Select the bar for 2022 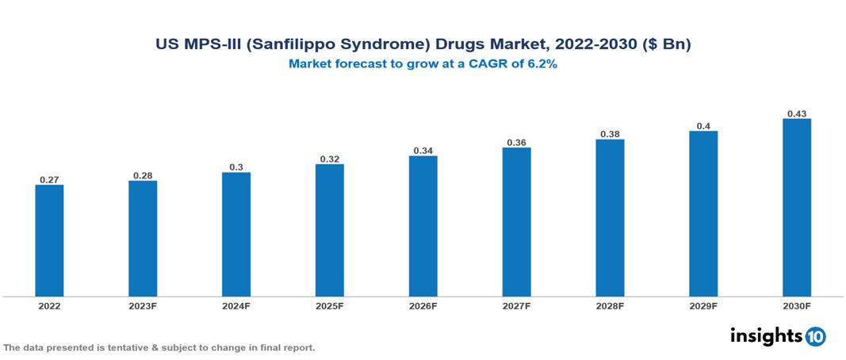(49, 240)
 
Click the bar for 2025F (329, 230)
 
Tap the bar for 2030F (796, 207)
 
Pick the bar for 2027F (516, 221)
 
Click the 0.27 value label (49, 179)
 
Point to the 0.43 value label (796, 113)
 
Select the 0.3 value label (236, 167)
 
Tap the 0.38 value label (610, 134)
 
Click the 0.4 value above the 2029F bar (703, 125)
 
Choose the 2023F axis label (143, 306)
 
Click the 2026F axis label (423, 306)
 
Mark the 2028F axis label (610, 306)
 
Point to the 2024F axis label (236, 306)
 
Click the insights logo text (766, 336)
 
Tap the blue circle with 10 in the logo (815, 337)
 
